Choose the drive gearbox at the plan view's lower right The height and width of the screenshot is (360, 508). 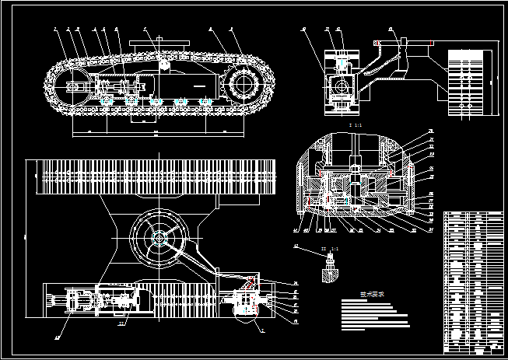point(247,301)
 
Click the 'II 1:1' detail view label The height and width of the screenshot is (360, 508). point(331,249)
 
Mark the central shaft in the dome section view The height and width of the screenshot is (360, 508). point(355,183)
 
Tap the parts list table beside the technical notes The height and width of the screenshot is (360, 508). point(472,280)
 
